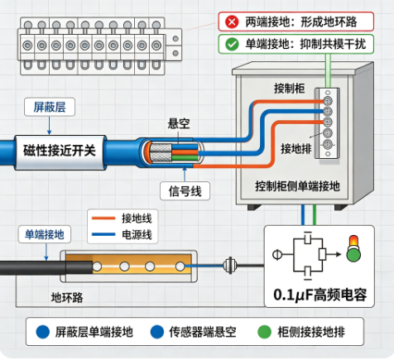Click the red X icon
(232, 22)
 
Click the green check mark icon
(232, 44)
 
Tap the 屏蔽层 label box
(50, 107)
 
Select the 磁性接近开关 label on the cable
(60, 151)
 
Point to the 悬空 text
(179, 123)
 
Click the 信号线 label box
(185, 191)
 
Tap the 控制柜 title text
(289, 89)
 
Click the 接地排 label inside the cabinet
(296, 149)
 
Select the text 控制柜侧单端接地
(297, 186)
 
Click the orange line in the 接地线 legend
(103, 218)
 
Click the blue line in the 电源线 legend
(103, 234)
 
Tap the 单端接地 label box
(45, 234)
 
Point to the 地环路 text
(67, 298)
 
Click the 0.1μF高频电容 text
(320, 295)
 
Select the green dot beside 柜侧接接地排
(264, 332)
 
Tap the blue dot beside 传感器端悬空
(157, 332)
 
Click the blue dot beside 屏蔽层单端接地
(43, 332)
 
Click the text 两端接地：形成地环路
(301, 22)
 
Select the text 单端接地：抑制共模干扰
(305, 44)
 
